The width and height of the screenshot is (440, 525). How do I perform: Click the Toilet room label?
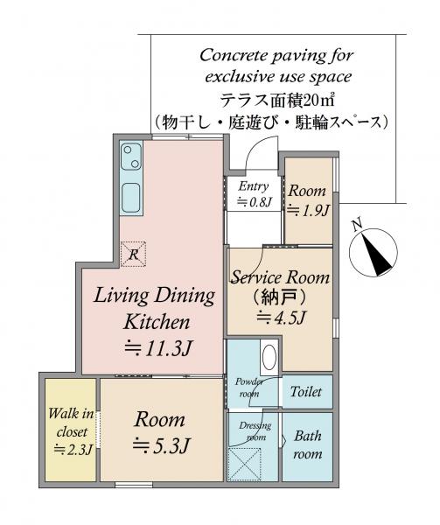(x=306, y=391)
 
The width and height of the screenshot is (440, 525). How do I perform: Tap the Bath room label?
(x=308, y=445)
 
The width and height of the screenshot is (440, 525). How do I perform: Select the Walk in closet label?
(x=72, y=432)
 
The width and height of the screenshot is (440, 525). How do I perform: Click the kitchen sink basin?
(x=130, y=198)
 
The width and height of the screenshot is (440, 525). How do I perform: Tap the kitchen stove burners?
(x=131, y=157)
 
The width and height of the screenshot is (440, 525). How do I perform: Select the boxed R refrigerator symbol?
(x=133, y=254)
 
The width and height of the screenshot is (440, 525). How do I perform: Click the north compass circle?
(x=373, y=252)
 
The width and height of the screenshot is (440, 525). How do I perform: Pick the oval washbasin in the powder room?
(x=269, y=357)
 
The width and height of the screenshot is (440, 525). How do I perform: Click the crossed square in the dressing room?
(x=245, y=465)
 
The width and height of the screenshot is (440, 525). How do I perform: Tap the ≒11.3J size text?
(x=157, y=348)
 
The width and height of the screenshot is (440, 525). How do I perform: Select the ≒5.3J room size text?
(x=161, y=445)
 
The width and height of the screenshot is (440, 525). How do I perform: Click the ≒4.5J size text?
(x=281, y=317)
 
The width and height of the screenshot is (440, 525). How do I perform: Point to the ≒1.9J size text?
(x=308, y=210)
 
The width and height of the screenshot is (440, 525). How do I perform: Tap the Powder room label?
(x=249, y=388)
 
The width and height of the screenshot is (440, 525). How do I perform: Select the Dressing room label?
(x=255, y=431)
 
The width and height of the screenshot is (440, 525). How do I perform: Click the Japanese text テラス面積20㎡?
(x=277, y=100)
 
